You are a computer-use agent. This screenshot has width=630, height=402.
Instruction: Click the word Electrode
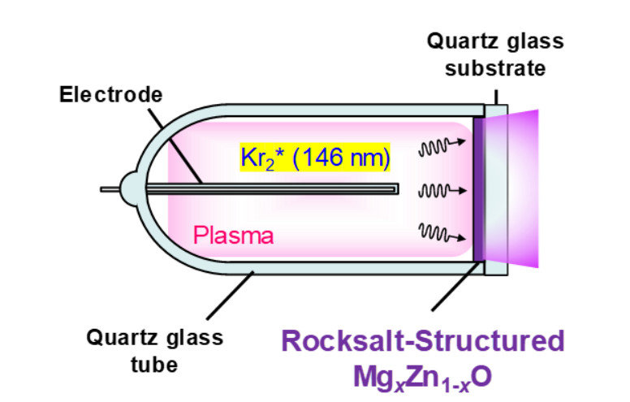click(110, 95)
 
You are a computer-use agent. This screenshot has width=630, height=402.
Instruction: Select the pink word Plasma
click(232, 236)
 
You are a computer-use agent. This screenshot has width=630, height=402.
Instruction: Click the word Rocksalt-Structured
click(422, 340)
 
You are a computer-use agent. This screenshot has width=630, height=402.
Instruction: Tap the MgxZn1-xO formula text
click(423, 377)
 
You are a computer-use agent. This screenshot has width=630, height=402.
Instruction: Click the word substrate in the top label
click(501, 69)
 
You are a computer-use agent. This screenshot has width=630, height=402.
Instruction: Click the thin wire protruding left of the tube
click(110, 190)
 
